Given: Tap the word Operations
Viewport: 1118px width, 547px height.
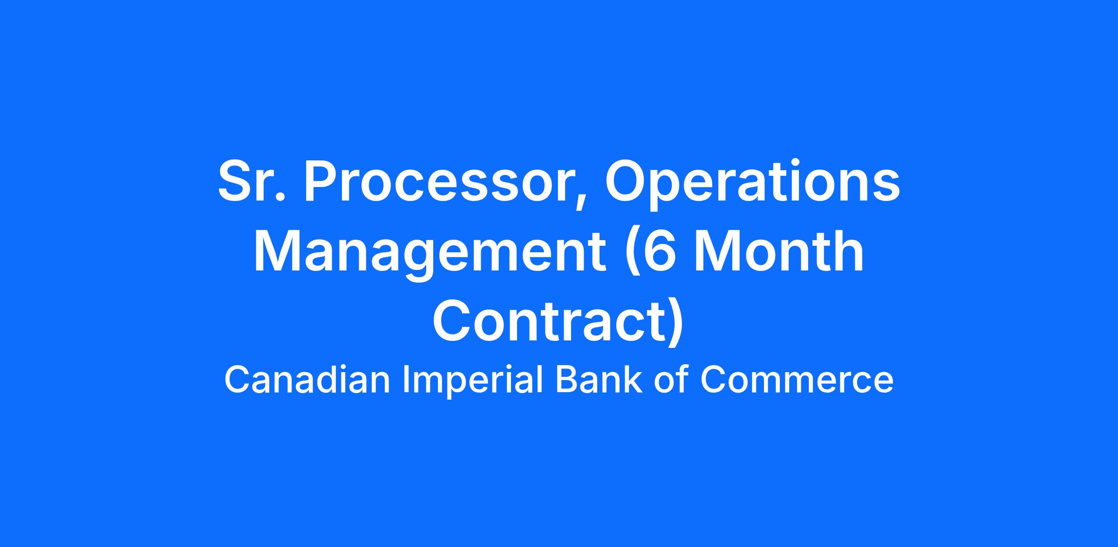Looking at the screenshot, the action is tap(752, 185).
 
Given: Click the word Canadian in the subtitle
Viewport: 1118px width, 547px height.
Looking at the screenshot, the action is tap(307, 380).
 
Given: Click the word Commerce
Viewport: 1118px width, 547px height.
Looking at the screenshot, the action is tap(797, 381).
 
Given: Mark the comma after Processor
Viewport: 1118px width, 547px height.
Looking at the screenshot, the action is tap(580, 201).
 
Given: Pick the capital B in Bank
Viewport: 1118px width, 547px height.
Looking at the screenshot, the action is tap(566, 380).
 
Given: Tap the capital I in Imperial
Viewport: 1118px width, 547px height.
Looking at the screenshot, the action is tap(405, 380).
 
